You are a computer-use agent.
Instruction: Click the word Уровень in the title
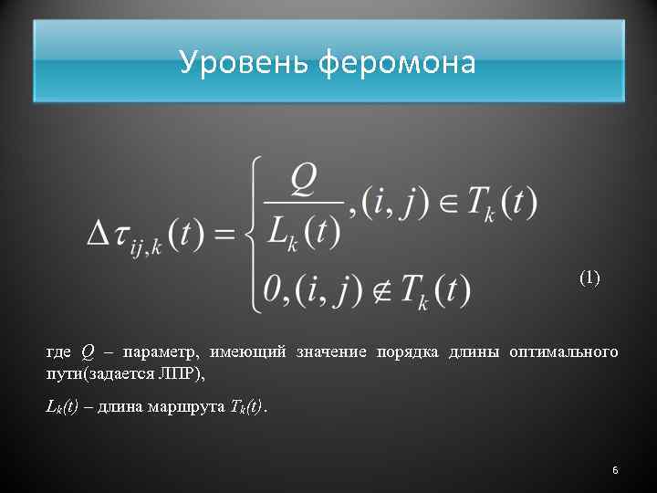(244, 62)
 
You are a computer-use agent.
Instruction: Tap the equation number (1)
(589, 278)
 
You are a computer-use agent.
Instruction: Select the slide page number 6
(615, 470)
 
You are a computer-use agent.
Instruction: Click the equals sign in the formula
(224, 235)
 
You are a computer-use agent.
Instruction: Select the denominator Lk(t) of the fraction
(303, 230)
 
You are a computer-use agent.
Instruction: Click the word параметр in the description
(157, 352)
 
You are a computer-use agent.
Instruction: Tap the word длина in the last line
(118, 406)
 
